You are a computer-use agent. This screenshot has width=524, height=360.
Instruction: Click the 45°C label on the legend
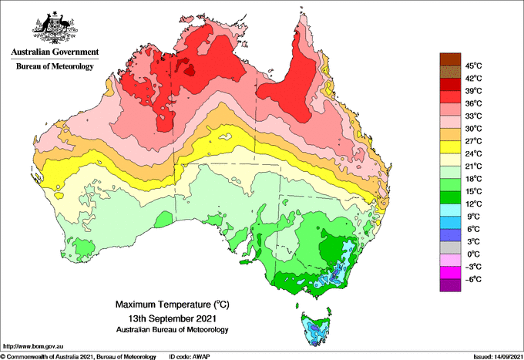pyautogui.click(x=474, y=66)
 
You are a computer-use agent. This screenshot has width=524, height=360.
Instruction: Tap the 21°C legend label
pyautogui.click(x=474, y=167)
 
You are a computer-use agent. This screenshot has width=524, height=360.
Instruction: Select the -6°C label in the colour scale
pyautogui.click(x=473, y=279)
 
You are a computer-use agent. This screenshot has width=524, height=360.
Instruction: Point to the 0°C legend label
pyautogui.click(x=473, y=254)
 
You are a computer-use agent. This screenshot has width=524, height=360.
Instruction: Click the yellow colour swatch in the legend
pyautogui.click(x=450, y=147)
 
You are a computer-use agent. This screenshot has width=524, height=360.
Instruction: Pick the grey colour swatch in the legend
pyautogui.click(x=450, y=247)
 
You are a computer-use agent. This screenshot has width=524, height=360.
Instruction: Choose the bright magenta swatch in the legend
pyautogui.click(x=450, y=273)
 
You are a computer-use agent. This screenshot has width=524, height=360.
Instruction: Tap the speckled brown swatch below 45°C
pyautogui.click(x=450, y=72)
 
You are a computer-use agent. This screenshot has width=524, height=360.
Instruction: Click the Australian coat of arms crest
pyautogui.click(x=55, y=28)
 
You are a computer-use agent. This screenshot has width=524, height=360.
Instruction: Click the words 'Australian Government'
pyautogui.click(x=55, y=52)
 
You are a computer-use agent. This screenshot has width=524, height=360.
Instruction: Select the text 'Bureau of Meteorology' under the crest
pyautogui.click(x=55, y=66)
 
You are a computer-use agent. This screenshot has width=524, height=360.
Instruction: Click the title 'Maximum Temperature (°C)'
pyautogui.click(x=173, y=304)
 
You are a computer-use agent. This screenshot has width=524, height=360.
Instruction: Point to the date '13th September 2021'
pyautogui.click(x=173, y=318)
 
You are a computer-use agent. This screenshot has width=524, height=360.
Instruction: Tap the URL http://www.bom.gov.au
pyautogui.click(x=32, y=347)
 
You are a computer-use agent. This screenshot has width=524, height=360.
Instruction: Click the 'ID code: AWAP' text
pyautogui.click(x=190, y=357)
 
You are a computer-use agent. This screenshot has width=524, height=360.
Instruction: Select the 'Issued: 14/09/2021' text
pyautogui.click(x=498, y=357)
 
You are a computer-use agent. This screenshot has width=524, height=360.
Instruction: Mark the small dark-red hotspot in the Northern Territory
pyautogui.click(x=190, y=70)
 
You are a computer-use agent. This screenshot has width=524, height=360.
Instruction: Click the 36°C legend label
pyautogui.click(x=474, y=103)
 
